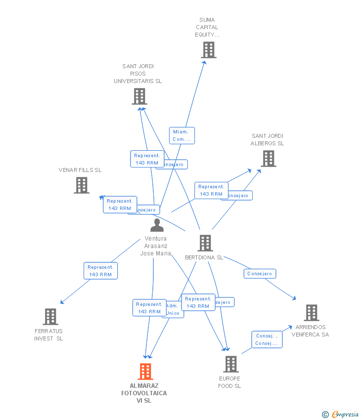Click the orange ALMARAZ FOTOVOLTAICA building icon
point(145,371)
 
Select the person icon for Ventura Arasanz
point(157,225)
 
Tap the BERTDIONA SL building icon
point(205,243)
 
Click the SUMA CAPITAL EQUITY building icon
point(209,49)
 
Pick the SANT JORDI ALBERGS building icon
point(268,158)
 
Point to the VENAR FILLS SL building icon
point(82,185)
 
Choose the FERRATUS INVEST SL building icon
point(50,316)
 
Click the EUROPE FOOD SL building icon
point(230,364)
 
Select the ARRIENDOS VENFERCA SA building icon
point(311,312)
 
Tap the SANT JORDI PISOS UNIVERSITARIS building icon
point(139,96)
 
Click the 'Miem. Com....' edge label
point(182,135)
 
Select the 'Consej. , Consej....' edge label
point(267,339)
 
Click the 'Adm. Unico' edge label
point(173,309)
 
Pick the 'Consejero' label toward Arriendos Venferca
point(260,273)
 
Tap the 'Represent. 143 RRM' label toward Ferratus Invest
point(100,271)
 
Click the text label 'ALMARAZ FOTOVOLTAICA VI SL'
point(144,393)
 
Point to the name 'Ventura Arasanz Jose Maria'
point(156,246)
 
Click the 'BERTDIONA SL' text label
point(204,257)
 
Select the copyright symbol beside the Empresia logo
point(325,415)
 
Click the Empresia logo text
point(345,415)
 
